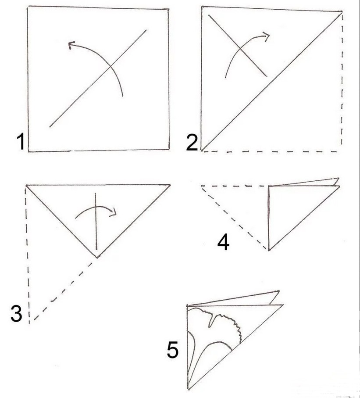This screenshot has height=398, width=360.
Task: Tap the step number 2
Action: [192, 143]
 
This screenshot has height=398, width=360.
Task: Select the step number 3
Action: [16, 314]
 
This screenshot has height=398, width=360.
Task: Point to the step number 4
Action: [223, 242]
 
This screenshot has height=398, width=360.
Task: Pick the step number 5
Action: [172, 350]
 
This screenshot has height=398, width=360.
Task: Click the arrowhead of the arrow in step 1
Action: [71, 45]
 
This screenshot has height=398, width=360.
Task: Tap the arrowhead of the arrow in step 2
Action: [266, 36]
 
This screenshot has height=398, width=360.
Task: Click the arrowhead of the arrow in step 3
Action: [113, 212]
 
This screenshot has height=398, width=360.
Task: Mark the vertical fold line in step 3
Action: [96, 221]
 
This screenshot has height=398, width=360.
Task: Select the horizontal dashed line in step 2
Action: [271, 151]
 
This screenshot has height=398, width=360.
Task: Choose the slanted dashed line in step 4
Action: [235, 218]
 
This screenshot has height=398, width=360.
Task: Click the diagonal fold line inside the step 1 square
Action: [98, 78]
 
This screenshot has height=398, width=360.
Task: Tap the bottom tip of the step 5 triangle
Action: [188, 388]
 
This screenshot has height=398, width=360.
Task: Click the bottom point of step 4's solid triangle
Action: [269, 250]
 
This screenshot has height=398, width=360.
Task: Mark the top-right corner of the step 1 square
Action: [168, 9]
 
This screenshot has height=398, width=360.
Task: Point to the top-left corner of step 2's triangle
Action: [202, 7]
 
